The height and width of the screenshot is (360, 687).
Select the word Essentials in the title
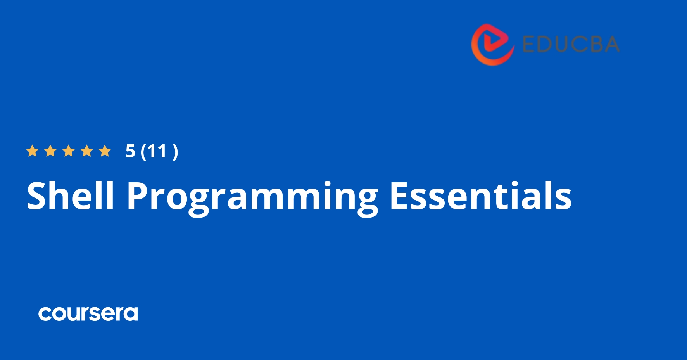(x=480, y=196)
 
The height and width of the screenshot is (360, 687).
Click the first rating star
(x=32, y=151)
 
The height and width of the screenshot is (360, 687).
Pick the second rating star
(x=50, y=151)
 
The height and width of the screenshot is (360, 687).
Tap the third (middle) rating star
(x=69, y=151)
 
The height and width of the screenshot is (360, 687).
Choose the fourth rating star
(x=87, y=151)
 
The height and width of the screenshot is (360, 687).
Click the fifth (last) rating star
(x=105, y=151)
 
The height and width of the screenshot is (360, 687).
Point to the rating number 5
(x=130, y=151)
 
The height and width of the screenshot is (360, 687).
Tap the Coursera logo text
(x=88, y=313)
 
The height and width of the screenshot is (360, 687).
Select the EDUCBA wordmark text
(x=571, y=44)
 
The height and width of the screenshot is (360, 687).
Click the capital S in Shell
(x=37, y=196)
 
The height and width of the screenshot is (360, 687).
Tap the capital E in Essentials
(x=399, y=196)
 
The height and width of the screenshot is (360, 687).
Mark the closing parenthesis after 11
(x=175, y=151)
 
